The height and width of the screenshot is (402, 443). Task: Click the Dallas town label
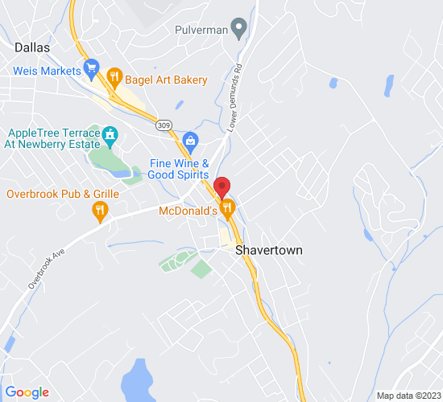(32, 47)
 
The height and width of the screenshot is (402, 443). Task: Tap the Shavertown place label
(269, 250)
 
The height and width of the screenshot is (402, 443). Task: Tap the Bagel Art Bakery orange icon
(114, 79)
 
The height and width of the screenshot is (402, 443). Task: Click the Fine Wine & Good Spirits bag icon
(190, 141)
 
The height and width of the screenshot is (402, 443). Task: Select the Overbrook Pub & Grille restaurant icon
(100, 211)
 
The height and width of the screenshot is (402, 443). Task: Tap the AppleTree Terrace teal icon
(110, 133)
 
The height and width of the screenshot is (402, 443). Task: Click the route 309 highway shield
(164, 125)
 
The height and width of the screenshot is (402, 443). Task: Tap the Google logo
(27, 392)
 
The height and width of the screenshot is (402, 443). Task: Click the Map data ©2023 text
(408, 395)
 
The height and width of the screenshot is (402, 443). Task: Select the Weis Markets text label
(45, 70)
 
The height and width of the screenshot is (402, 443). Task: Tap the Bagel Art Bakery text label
(166, 80)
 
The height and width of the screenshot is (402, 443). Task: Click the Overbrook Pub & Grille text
(62, 194)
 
